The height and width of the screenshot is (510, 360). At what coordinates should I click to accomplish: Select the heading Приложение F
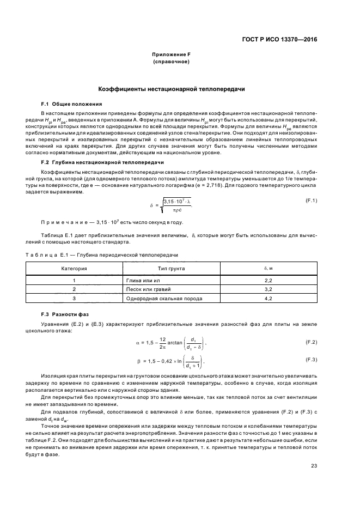(171, 55)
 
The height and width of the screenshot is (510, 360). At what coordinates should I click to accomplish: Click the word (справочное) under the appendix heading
(171, 62)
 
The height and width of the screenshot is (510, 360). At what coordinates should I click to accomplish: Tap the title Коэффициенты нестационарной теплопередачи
(171, 89)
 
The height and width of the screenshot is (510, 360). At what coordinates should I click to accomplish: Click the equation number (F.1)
(311, 201)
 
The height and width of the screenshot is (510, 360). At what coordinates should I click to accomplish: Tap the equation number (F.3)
(311, 360)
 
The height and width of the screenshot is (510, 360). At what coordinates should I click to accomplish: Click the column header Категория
(74, 269)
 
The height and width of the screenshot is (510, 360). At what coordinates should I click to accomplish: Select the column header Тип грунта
(171, 269)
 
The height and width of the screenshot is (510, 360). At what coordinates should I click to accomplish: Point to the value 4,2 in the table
(268, 299)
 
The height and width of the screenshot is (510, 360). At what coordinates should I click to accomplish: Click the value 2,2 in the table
(268, 280)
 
